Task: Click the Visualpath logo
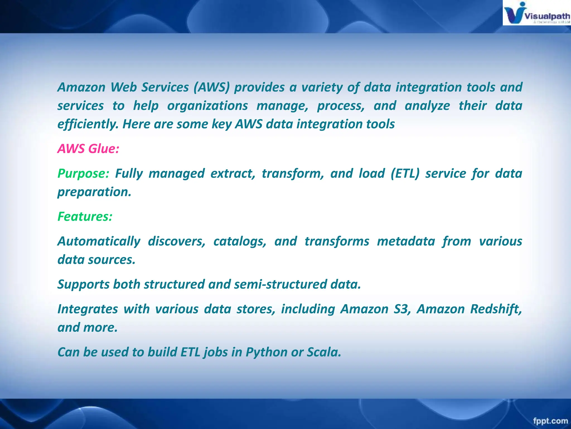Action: coord(536,13)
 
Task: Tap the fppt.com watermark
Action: coord(550,420)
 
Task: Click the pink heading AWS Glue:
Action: coord(88,149)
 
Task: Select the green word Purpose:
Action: coord(83,173)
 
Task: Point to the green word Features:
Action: coord(85,216)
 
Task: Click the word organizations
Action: coord(207,106)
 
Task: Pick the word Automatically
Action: coord(99,241)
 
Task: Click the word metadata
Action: coord(406,241)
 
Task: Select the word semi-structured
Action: coord(281,284)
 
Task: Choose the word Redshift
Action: coord(495,309)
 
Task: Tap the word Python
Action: coord(266,352)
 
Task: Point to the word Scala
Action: coord(324,352)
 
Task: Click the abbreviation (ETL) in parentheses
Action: coord(405,173)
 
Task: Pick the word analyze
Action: coord(427,106)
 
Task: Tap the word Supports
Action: coord(83,284)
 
